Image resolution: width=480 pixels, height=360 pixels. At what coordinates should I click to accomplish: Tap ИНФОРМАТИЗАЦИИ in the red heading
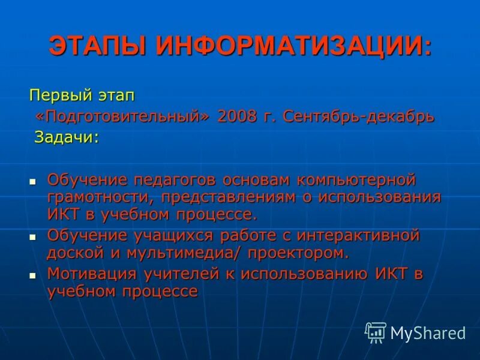(294, 47)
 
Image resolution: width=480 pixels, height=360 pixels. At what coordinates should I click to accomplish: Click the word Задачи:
(66, 137)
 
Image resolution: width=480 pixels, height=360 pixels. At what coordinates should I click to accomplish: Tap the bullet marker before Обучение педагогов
(34, 180)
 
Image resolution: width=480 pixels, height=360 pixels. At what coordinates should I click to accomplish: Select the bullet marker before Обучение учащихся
(34, 236)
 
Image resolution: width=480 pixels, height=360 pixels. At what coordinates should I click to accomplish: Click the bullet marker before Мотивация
(34, 275)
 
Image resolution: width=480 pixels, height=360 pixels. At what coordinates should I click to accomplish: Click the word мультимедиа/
(185, 253)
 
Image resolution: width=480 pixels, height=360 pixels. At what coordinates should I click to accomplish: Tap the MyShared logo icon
(376, 332)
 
